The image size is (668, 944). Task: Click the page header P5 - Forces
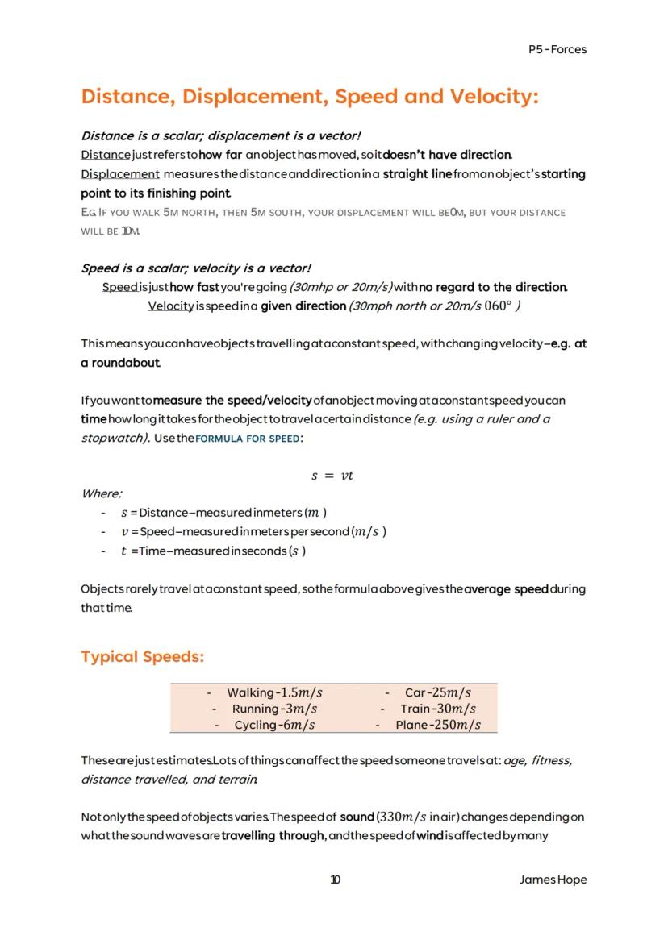(557, 49)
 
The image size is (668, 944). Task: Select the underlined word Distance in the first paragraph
(106, 155)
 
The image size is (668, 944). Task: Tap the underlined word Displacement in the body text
(120, 174)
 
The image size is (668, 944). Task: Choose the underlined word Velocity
(171, 306)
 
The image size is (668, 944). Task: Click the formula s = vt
(332, 476)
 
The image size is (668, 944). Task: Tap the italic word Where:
(102, 493)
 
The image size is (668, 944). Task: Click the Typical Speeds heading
(142, 657)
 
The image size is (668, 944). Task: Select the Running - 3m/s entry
(274, 709)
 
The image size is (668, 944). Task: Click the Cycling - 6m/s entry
(274, 726)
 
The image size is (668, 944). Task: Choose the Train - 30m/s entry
(438, 709)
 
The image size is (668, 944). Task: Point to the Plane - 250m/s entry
(438, 726)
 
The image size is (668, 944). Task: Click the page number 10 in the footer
(335, 880)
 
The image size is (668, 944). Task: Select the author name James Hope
(553, 880)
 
